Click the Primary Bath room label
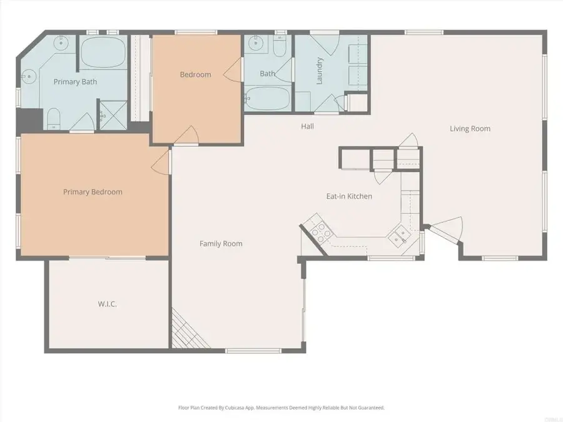(x=75, y=81)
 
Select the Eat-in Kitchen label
(x=349, y=196)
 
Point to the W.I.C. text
(x=108, y=304)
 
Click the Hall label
(x=307, y=126)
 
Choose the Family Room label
(x=221, y=244)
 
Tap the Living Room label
(x=470, y=129)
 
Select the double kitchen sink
(x=398, y=236)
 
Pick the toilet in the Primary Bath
(x=54, y=118)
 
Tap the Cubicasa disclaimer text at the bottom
(x=281, y=408)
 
